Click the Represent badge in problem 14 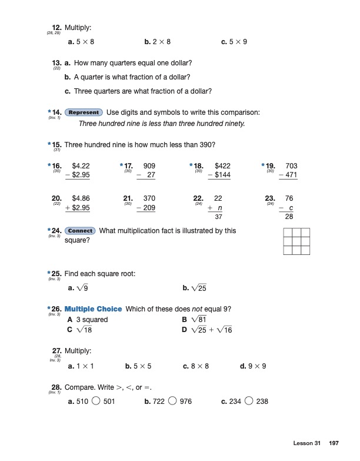[84, 112]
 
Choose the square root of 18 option [84, 330]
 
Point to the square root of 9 [82, 288]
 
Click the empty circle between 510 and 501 [96, 402]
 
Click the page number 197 [334, 443]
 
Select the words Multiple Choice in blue [93, 309]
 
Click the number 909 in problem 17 [149, 167]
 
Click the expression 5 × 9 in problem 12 [237, 42]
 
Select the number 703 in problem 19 [291, 167]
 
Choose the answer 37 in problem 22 [218, 218]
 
